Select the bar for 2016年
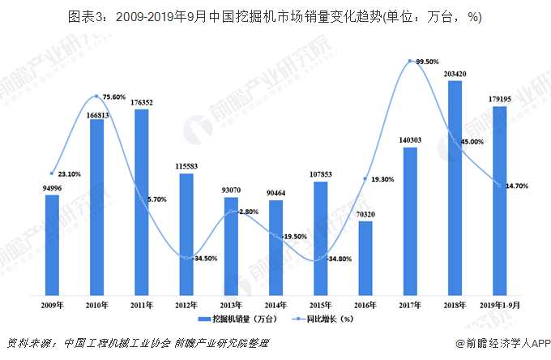point(365,256)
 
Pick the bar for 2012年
point(186,233)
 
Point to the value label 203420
point(455,74)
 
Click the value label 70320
point(365,214)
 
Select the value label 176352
point(142,102)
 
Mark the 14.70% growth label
point(517,186)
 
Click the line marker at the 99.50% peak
point(411,62)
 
